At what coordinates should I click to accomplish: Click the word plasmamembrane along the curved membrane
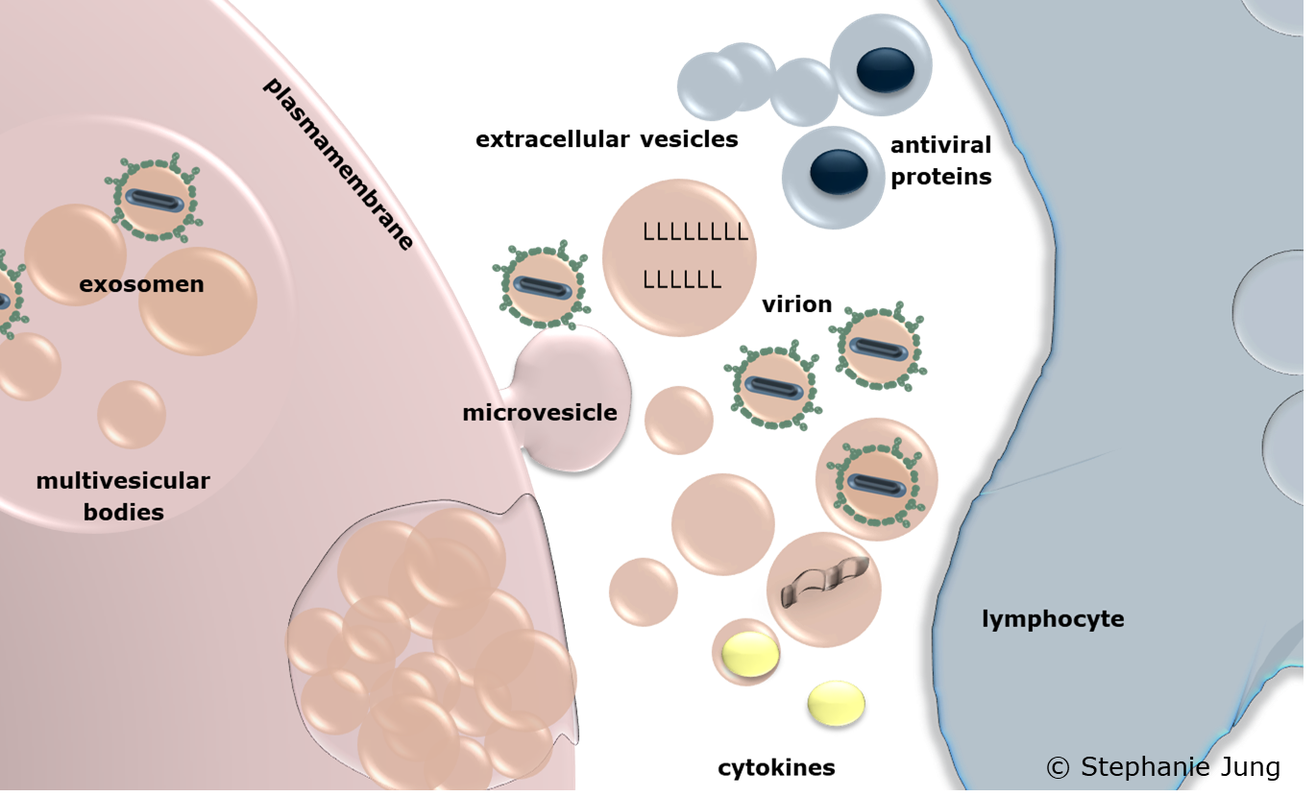(x=338, y=162)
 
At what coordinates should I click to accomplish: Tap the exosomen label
(x=141, y=284)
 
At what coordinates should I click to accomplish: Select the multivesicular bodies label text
(x=123, y=495)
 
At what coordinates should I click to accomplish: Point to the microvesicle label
(x=539, y=413)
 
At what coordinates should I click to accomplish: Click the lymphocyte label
(x=1053, y=619)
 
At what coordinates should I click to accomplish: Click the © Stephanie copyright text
(x=1127, y=766)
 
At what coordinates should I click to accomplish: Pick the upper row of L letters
(x=695, y=231)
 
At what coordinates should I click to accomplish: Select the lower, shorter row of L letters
(x=681, y=280)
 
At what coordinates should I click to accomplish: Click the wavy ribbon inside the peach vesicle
(x=824, y=582)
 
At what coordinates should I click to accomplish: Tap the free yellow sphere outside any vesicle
(x=836, y=702)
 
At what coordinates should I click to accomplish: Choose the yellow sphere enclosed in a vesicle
(x=749, y=653)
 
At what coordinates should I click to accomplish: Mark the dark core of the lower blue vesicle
(x=833, y=173)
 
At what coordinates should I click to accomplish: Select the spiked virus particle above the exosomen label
(x=155, y=200)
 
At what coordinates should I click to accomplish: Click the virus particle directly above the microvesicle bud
(x=542, y=285)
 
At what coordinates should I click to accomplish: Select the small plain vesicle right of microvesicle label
(x=678, y=420)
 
